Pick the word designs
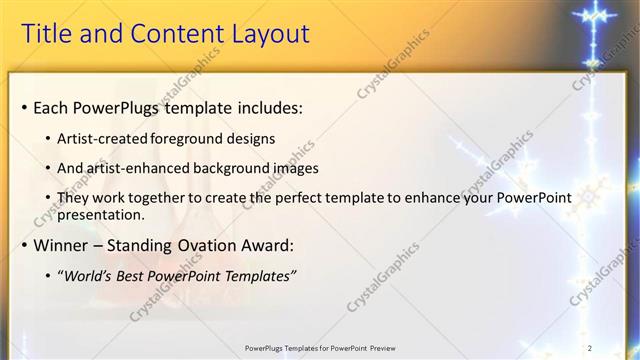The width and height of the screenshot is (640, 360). click(250, 138)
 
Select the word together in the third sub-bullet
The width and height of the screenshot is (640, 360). click(171, 198)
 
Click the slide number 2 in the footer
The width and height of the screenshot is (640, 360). click(590, 347)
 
